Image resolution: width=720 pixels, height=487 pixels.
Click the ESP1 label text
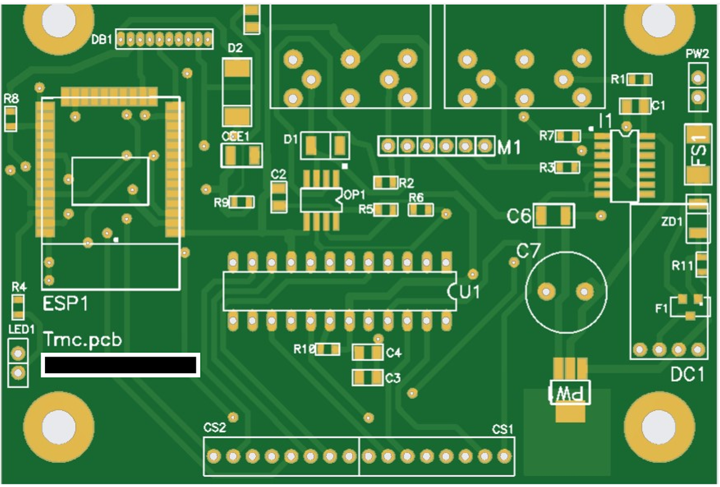pyautogui.click(x=66, y=304)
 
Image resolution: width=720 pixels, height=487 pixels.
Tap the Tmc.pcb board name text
pyautogui.click(x=83, y=340)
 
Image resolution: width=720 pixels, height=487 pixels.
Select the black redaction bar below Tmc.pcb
pyautogui.click(x=121, y=365)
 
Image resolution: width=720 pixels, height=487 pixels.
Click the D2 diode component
pyautogui.click(x=237, y=92)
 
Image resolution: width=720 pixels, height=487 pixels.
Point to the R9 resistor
pyautogui.click(x=242, y=202)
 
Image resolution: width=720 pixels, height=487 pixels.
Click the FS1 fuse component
pyautogui.click(x=698, y=154)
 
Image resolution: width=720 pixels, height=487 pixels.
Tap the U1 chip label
pyautogui.click(x=469, y=292)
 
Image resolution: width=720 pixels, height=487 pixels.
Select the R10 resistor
pyautogui.click(x=327, y=350)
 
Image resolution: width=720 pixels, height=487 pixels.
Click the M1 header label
pyautogui.click(x=509, y=147)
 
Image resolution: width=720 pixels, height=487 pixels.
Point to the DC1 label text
pyautogui.click(x=687, y=374)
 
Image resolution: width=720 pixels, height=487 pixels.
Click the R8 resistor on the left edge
pyautogui.click(x=10, y=118)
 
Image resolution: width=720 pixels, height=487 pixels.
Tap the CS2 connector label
pyautogui.click(x=214, y=427)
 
